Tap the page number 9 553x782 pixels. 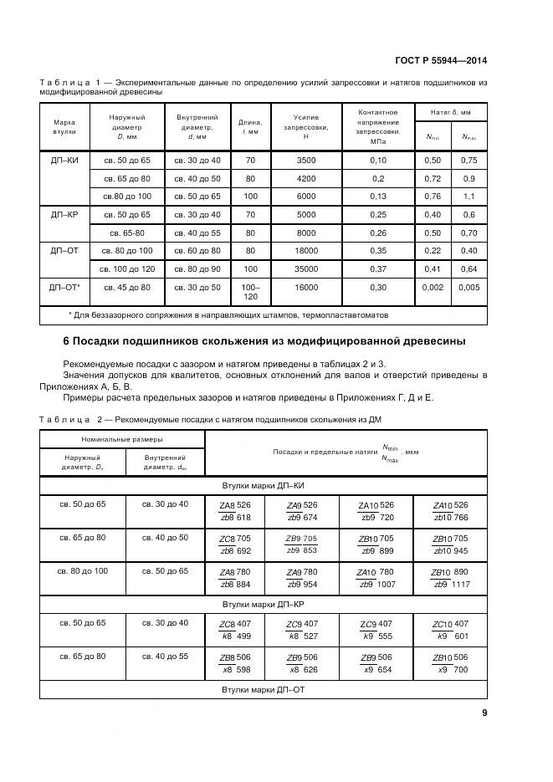click(x=484, y=713)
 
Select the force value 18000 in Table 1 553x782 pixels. click(x=306, y=250)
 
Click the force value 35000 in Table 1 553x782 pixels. click(x=306, y=268)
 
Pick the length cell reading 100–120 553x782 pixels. click(x=250, y=292)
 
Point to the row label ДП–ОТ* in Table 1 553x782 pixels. click(x=65, y=287)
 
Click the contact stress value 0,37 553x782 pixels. click(x=378, y=268)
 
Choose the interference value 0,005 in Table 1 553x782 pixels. click(x=469, y=287)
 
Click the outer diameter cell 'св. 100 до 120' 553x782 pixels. click(x=126, y=268)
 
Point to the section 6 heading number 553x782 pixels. click(x=67, y=341)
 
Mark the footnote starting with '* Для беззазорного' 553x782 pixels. click(x=228, y=315)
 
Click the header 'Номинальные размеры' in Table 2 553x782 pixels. click(x=122, y=438)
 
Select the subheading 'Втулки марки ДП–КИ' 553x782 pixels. click(x=263, y=484)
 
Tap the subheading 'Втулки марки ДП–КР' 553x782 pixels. click(x=263, y=602)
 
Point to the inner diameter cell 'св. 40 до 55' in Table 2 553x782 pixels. click(x=165, y=657)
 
